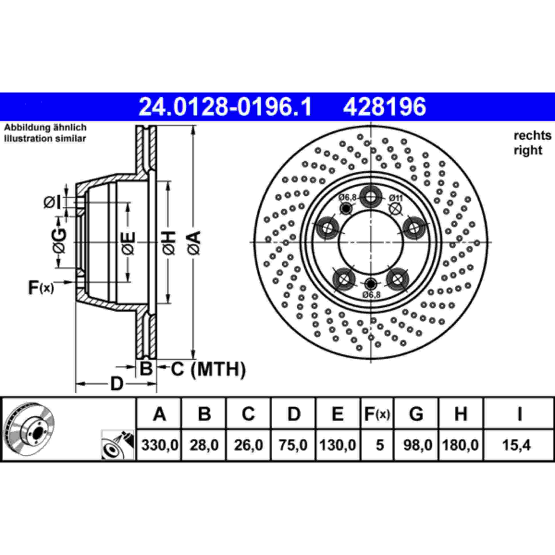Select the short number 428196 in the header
pos(384,107)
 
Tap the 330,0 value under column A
pos(160,445)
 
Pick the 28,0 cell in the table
pos(204,445)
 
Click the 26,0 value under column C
pos(248,445)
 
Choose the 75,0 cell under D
pos(293,445)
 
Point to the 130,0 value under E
pos(338,445)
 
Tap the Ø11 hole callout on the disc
pos(396,198)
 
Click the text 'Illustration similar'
pos(45,139)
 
